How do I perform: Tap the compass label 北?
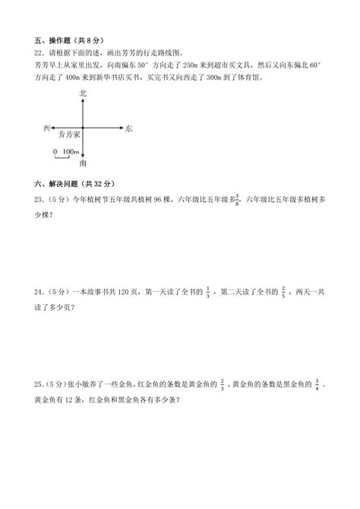click(83, 92)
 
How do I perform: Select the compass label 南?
click(83, 163)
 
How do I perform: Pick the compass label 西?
click(47, 129)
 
